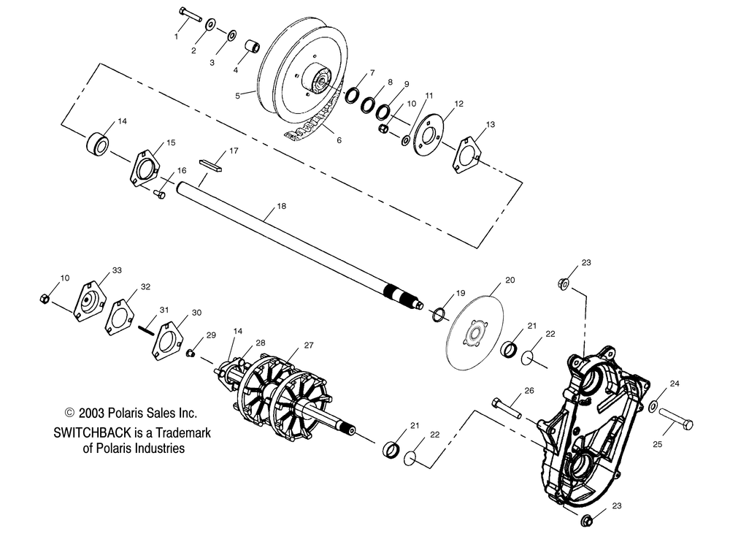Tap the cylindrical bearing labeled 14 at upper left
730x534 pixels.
click(x=96, y=142)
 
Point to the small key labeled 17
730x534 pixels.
click(x=210, y=161)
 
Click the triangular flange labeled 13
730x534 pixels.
click(x=466, y=154)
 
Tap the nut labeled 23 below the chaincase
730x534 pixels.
click(x=588, y=520)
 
